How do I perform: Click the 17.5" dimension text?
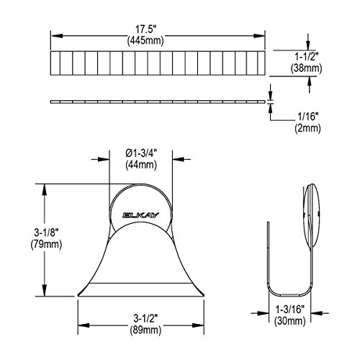pyautogui.click(x=145, y=30)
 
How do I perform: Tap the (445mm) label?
pyautogui.click(x=145, y=40)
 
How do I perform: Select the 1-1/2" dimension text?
pyautogui.click(x=307, y=57)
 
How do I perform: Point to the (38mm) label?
pyautogui.click(x=306, y=68)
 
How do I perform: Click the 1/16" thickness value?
pyautogui.click(x=308, y=117)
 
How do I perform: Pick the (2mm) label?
pyautogui.click(x=307, y=128)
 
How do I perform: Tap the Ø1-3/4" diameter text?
pyautogui.click(x=141, y=153)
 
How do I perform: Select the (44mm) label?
pyautogui.click(x=141, y=165)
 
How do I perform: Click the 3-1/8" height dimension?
pyautogui.click(x=46, y=233)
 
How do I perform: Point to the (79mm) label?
pyautogui.click(x=46, y=244)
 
